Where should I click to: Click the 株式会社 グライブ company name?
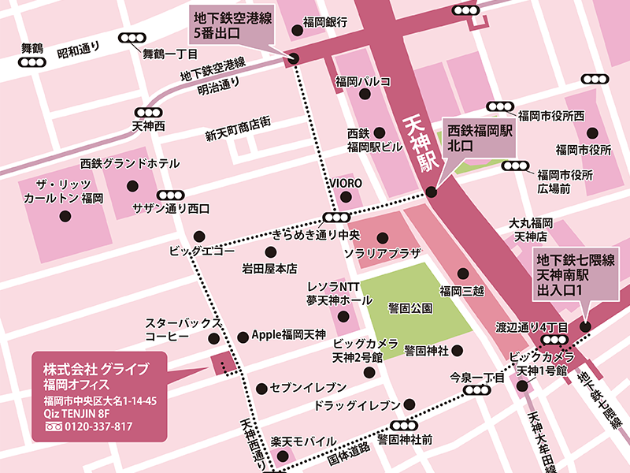click(x=95, y=369)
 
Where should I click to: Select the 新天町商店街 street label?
click(x=238, y=133)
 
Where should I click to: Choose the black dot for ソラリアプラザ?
click(x=383, y=236)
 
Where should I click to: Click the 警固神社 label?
click(x=426, y=349)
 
